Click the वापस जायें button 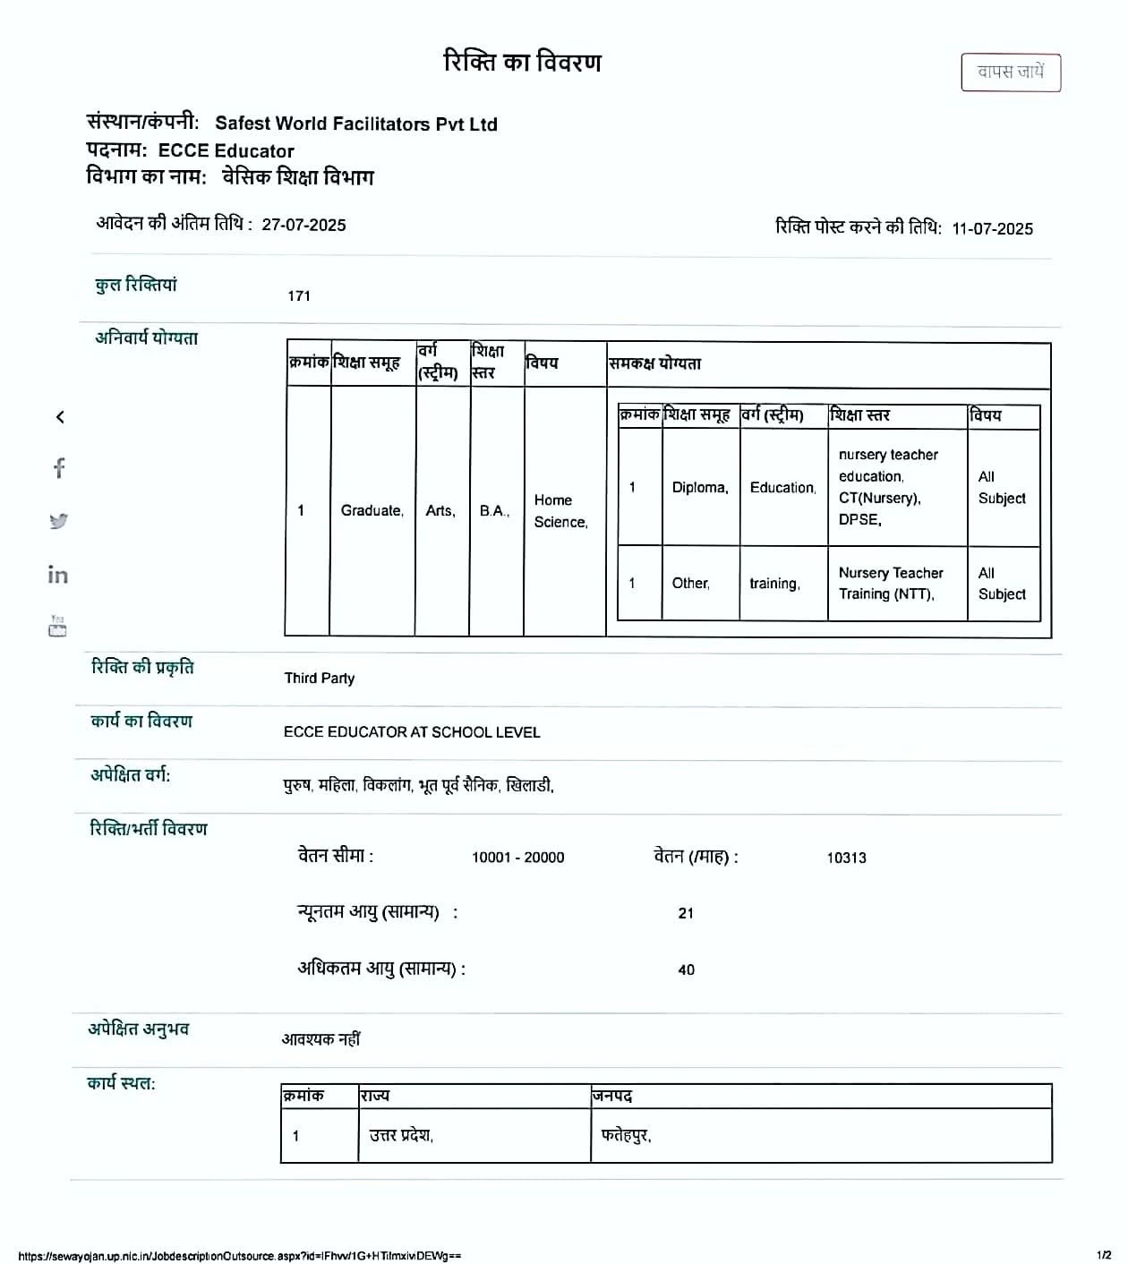pos(1011,73)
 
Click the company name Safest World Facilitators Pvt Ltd pos(355,124)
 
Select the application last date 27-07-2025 pos(303,225)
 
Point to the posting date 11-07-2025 pos(992,228)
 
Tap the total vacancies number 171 pos(299,295)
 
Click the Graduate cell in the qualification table pos(372,510)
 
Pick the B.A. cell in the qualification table pos(494,510)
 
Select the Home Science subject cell pos(560,511)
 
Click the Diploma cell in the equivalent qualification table pos(700,488)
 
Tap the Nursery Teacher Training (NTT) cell pos(891,584)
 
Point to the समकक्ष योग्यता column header pos(655,363)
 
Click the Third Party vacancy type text pos(320,678)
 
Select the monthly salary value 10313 pos(846,858)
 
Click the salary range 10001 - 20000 pos(517,858)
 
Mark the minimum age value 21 pos(686,913)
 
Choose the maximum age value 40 pos(686,969)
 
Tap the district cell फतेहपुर pos(626,1136)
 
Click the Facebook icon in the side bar pos(59,468)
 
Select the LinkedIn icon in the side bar pos(58,575)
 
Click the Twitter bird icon pos(59,521)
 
